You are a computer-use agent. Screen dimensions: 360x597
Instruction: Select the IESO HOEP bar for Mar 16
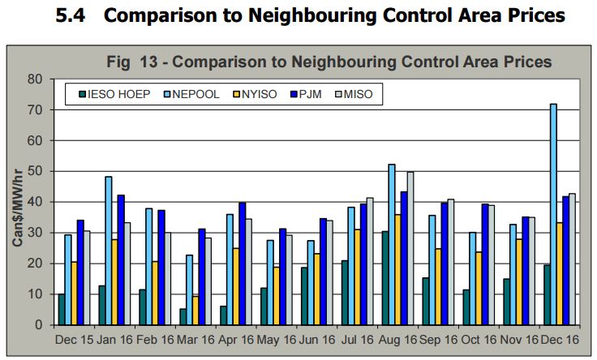(183, 317)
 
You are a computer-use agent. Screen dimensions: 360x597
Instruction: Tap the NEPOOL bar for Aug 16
(392, 244)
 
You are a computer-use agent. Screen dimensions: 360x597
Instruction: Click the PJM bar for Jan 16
(122, 259)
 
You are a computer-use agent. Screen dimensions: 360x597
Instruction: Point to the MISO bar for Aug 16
(410, 248)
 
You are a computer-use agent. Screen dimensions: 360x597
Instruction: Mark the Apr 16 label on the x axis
(232, 341)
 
